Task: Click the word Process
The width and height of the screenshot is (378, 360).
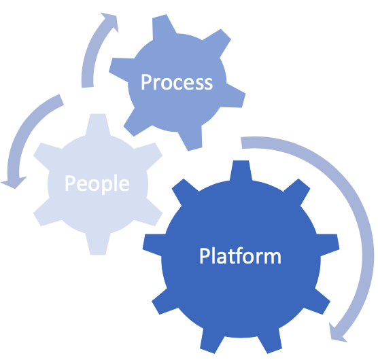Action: tap(177, 82)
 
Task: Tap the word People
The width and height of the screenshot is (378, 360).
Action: tap(97, 184)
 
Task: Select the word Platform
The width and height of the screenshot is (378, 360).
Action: tap(240, 255)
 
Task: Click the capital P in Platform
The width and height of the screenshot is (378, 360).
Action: tap(204, 255)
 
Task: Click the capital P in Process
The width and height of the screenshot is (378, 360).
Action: tap(145, 82)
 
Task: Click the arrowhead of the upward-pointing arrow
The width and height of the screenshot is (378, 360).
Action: tap(111, 21)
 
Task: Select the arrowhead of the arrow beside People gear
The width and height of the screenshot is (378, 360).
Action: tap(14, 183)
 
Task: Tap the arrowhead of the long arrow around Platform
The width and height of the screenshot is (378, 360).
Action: tap(337, 334)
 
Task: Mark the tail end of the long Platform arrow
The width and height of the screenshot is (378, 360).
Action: tap(241, 143)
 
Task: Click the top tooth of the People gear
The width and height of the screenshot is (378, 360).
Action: tap(98, 124)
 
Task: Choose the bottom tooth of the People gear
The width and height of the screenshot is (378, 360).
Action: tap(98, 244)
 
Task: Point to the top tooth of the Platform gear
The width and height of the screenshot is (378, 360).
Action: tap(241, 170)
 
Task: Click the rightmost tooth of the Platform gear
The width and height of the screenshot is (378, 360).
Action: tap(328, 245)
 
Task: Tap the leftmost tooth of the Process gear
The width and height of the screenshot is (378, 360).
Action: tap(120, 69)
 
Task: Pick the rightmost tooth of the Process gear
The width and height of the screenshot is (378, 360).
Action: tap(235, 96)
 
